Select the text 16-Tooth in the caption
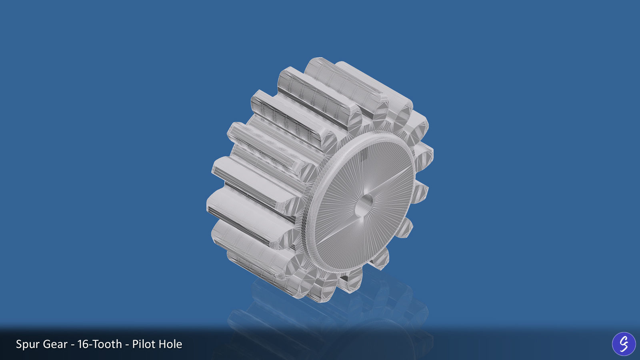pos(100,344)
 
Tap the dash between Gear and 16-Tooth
pos(72,345)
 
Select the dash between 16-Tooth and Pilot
pos(127,345)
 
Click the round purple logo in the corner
pos(624,344)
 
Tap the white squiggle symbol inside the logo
pos(624,344)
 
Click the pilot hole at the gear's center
pos(365,202)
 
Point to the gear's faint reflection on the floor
pos(320,316)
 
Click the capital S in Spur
pos(19,344)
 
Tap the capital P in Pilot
pos(135,344)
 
